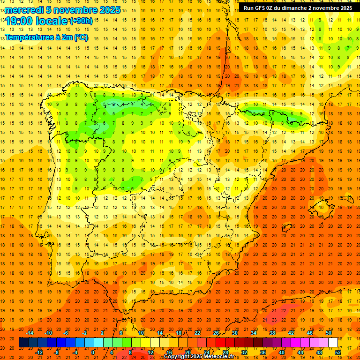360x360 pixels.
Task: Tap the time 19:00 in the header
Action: (x=20, y=21)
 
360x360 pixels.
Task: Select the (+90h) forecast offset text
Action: (x=81, y=21)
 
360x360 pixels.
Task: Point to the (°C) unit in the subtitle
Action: (x=80, y=37)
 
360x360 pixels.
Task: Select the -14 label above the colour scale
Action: (x=30, y=333)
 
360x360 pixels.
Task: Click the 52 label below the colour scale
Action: (x=338, y=352)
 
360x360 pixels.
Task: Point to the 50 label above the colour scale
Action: (x=329, y=333)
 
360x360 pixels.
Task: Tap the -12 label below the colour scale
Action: (x=39, y=352)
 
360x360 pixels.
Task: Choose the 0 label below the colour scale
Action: (x=93, y=352)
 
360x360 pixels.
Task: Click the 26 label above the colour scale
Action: (x=216, y=333)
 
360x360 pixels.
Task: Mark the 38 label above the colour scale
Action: (x=272, y=333)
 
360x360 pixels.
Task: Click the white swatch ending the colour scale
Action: (x=333, y=343)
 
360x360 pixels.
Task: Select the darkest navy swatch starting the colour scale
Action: (x=23, y=343)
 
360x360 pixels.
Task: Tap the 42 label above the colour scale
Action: (x=291, y=333)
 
